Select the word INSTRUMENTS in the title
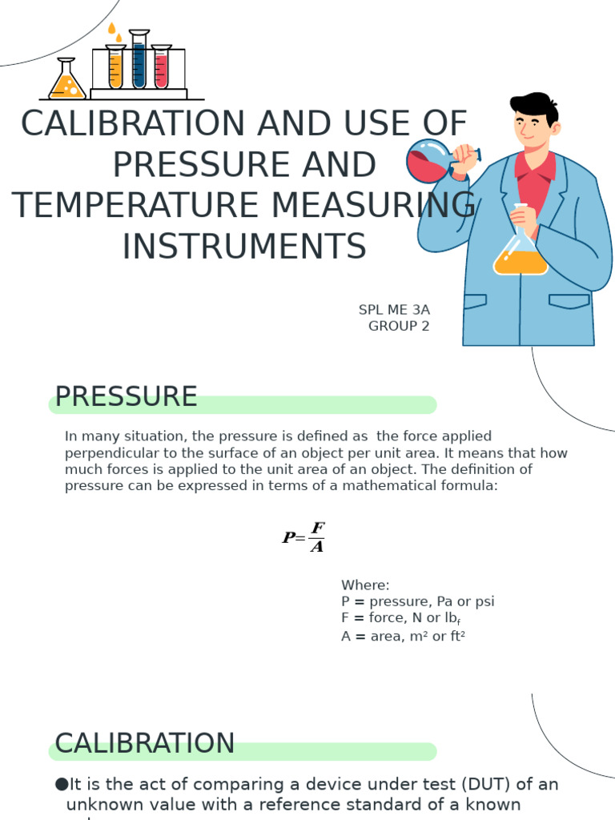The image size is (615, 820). (x=244, y=246)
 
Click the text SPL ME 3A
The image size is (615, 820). (x=395, y=309)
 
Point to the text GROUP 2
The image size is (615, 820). (x=399, y=326)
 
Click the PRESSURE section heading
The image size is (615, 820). (x=126, y=396)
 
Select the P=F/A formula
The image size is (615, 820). (x=303, y=537)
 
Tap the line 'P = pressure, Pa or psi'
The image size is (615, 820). (x=417, y=601)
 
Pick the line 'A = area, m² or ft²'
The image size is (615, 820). (x=403, y=637)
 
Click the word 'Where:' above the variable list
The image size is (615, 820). (x=365, y=585)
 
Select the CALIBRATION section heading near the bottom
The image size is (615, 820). (x=144, y=743)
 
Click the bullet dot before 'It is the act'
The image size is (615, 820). (x=61, y=784)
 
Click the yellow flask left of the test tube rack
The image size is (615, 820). (x=66, y=82)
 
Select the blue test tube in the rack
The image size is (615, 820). (x=139, y=62)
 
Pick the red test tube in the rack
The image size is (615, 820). (x=161, y=68)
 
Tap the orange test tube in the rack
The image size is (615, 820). (x=116, y=68)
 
